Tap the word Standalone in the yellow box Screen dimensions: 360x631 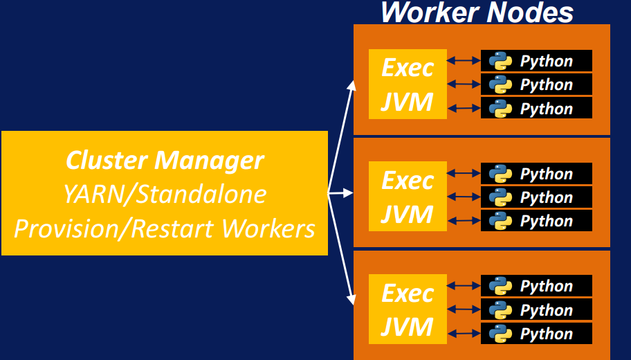point(201,195)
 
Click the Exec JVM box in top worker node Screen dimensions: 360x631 point(408,84)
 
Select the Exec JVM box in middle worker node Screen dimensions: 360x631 point(408,197)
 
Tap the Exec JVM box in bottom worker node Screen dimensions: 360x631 point(408,309)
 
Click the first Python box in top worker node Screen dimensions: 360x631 point(536,61)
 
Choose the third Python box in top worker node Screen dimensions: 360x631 point(536,108)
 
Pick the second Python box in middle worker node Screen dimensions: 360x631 point(536,197)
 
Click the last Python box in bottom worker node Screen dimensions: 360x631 point(536,334)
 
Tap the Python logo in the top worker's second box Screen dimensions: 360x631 point(500,84)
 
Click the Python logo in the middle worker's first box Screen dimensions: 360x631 point(500,174)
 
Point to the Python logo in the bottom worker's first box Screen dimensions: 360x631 point(500,286)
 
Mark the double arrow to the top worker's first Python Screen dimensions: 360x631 point(464,61)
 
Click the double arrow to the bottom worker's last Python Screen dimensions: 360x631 point(464,334)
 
